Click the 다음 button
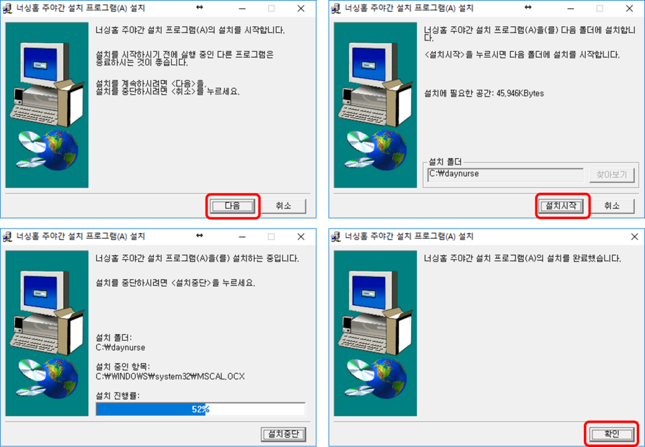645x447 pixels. click(232, 206)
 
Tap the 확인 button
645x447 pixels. click(611, 434)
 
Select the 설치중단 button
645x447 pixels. click(284, 434)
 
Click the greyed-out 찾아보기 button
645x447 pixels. click(611, 175)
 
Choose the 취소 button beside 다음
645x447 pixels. click(284, 206)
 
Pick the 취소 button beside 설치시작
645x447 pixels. click(611, 206)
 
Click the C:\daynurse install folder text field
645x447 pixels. click(505, 175)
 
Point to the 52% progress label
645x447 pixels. click(200, 409)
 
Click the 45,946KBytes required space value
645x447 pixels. click(520, 93)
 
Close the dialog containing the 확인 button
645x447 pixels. click(634, 237)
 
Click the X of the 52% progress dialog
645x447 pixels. click(301, 237)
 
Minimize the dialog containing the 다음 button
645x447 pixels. click(243, 8)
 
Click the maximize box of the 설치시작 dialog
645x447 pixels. click(600, 8)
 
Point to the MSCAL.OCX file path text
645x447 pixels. click(170, 376)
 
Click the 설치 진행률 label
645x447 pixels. click(117, 396)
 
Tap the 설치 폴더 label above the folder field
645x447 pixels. click(445, 162)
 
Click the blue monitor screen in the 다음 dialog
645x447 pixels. click(40, 65)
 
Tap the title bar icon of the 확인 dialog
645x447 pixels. click(336, 237)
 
